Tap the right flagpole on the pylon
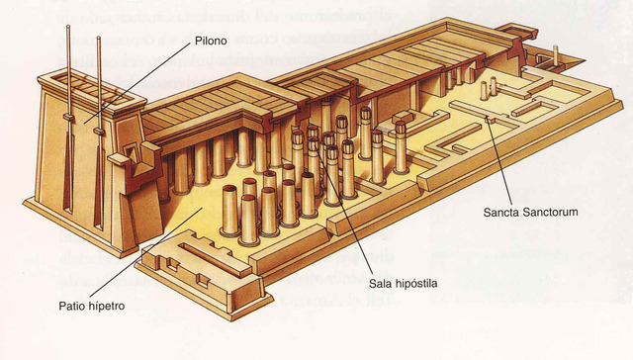tap(98, 99)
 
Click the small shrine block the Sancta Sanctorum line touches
tap(489, 121)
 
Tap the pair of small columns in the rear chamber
tap(489, 90)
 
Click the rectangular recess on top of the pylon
tap(74, 76)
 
